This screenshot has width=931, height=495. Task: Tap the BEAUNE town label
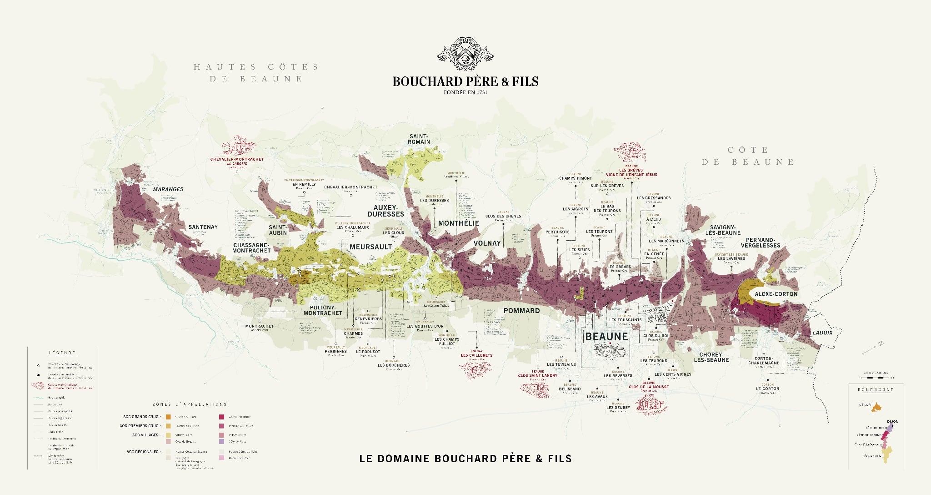(x=606, y=337)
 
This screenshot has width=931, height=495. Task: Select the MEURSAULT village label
(x=370, y=247)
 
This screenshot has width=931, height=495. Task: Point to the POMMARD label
(x=521, y=310)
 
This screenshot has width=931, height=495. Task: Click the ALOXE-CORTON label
(x=776, y=294)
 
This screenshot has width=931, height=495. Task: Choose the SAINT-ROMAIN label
(x=419, y=139)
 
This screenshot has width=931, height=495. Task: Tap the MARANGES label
(x=168, y=189)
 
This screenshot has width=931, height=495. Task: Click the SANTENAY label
(x=203, y=227)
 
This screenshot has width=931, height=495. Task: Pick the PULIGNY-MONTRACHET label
(x=322, y=310)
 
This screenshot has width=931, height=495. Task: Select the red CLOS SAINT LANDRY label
(x=537, y=375)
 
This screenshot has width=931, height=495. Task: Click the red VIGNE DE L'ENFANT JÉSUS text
(x=631, y=175)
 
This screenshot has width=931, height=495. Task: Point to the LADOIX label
(x=822, y=333)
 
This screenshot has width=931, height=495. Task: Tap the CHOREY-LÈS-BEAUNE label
(x=711, y=357)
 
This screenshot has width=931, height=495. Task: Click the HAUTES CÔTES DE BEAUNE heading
(x=255, y=73)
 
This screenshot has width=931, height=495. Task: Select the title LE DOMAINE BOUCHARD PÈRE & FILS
(x=465, y=459)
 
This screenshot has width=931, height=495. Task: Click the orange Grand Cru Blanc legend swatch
(x=168, y=417)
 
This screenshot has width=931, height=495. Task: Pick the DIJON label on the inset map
(x=892, y=422)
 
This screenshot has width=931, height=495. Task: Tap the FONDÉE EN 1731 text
(x=465, y=92)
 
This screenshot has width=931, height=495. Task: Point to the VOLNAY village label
(x=487, y=243)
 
